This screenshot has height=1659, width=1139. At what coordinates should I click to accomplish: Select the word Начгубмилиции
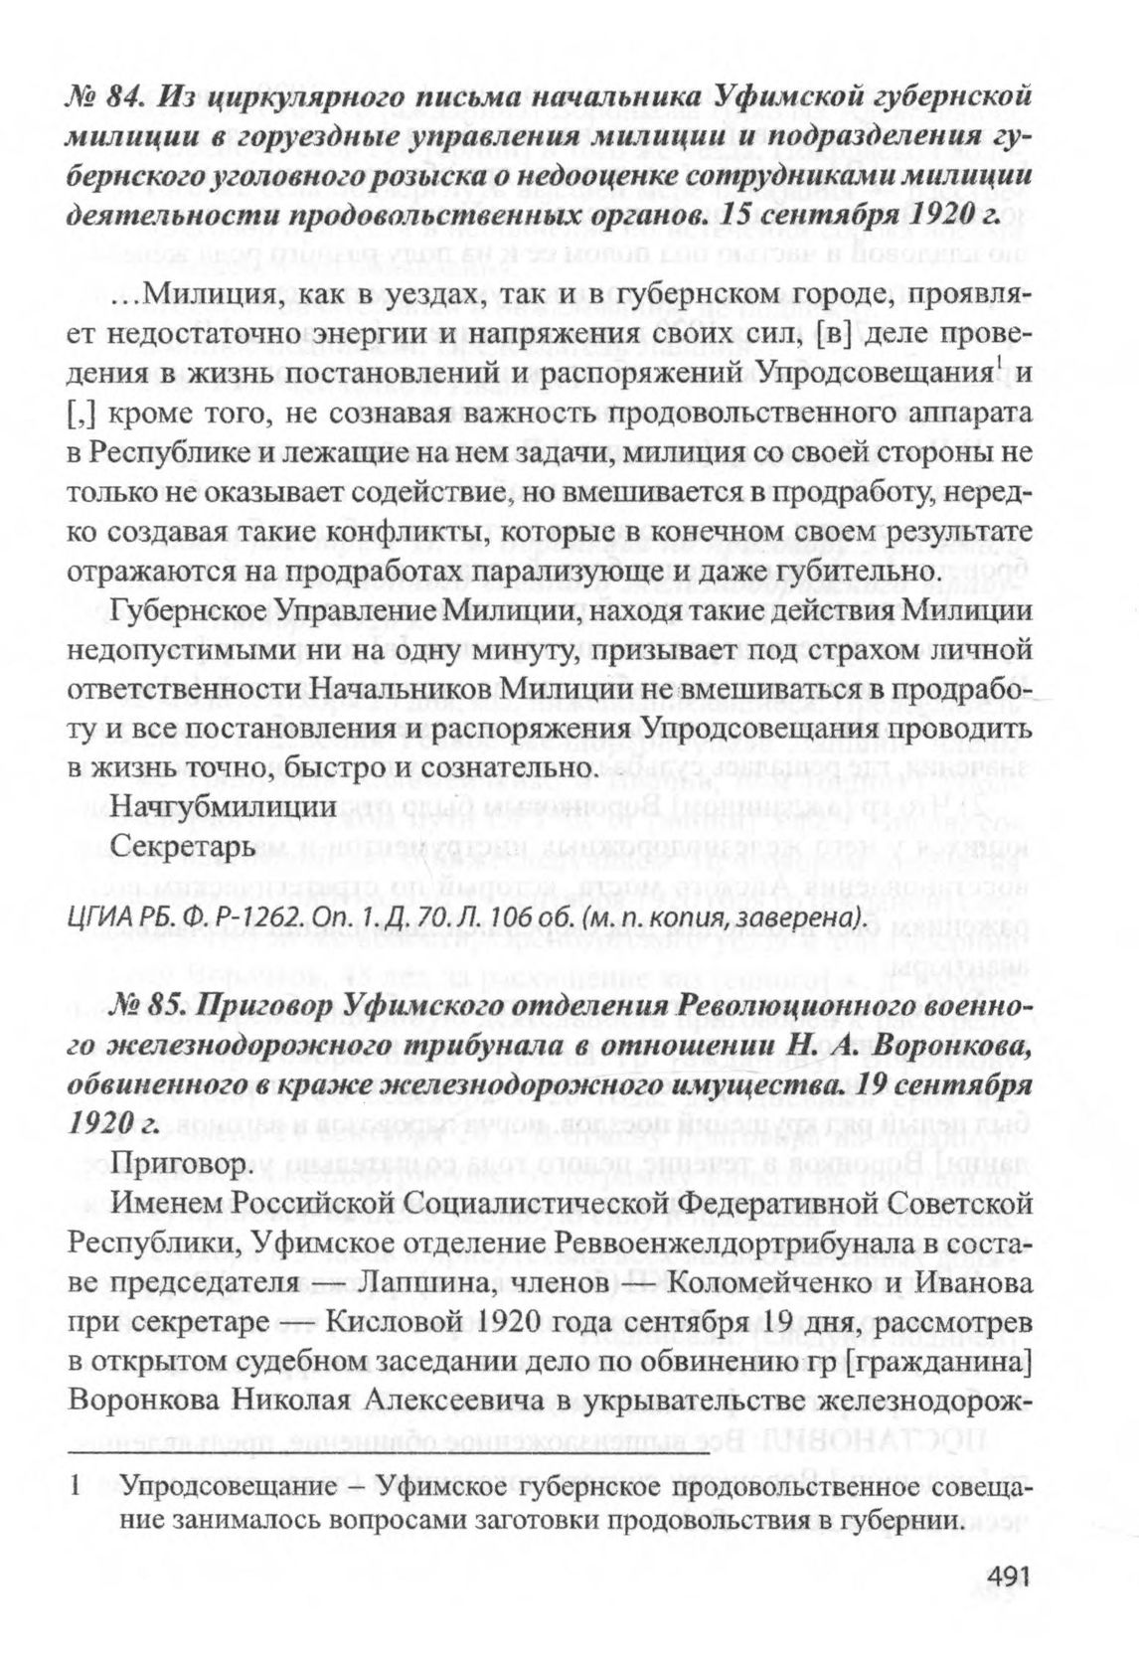[224, 807]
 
